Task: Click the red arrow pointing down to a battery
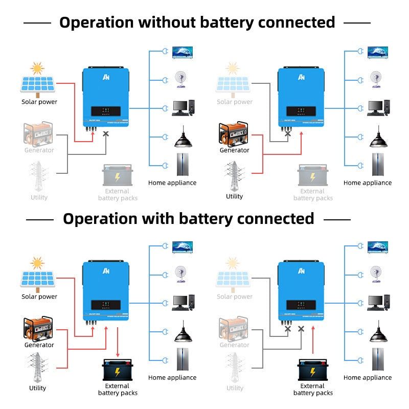[x=118, y=343]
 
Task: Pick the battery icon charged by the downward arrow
[x=118, y=370]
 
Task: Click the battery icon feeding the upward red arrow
[x=312, y=370]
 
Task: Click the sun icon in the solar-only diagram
[x=37, y=68]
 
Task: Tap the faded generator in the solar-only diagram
[x=38, y=134]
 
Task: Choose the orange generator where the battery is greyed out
[x=234, y=134]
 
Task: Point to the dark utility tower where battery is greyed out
[x=234, y=176]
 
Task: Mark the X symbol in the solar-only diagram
[x=106, y=133]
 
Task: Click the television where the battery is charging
[x=183, y=247]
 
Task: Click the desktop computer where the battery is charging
[x=183, y=303]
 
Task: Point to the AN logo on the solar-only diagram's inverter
[x=106, y=77]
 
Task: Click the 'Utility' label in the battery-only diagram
[x=235, y=388]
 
